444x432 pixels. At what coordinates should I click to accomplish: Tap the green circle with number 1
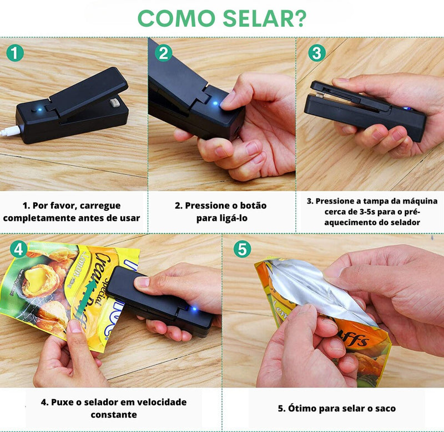pyautogui.click(x=16, y=53)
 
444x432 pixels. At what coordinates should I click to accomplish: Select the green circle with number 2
pyautogui.click(x=163, y=53)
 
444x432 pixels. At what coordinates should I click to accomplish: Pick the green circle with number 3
pyautogui.click(x=316, y=53)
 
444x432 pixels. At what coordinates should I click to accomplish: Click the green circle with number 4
pyautogui.click(x=18, y=249)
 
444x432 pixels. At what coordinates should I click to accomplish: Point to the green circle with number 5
pyautogui.click(x=241, y=249)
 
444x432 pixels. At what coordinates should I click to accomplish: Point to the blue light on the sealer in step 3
pyautogui.click(x=406, y=109)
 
